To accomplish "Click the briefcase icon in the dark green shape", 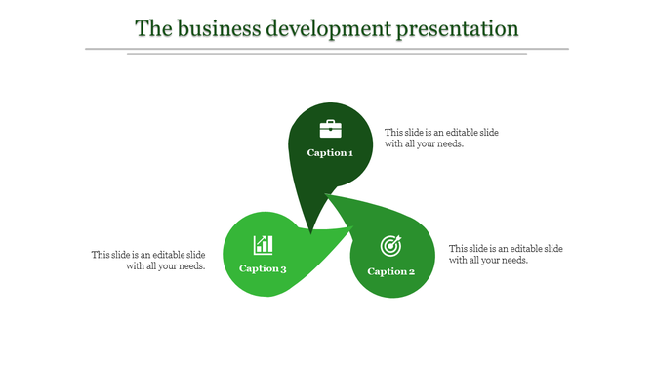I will [x=331, y=129].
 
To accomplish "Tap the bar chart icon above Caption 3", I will [x=263, y=244].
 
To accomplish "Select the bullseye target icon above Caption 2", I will [x=390, y=245].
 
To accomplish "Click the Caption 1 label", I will [x=330, y=153].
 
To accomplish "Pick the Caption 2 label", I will [x=391, y=271].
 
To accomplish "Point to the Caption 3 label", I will [x=263, y=268].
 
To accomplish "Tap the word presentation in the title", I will [x=457, y=28].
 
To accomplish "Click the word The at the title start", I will [x=152, y=28].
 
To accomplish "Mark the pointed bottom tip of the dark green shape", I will [x=310, y=233].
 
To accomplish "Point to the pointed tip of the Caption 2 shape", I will [x=328, y=195].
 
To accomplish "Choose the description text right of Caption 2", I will [x=506, y=254].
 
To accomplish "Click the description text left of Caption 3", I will [x=148, y=261].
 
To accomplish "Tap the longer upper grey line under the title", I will [x=326, y=48].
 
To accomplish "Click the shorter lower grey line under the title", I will [x=326, y=54].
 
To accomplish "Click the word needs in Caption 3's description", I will [x=188, y=266].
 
